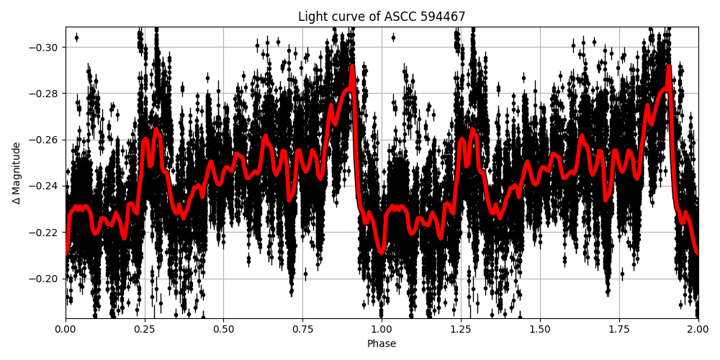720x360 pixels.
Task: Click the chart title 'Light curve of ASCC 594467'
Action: coord(382,17)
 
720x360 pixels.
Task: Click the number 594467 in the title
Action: coord(444,17)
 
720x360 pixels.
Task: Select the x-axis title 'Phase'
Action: coord(382,344)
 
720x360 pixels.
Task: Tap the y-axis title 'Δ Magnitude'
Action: coord(17,173)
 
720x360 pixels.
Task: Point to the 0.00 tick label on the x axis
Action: coord(66,330)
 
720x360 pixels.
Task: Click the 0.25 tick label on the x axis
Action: coord(145,330)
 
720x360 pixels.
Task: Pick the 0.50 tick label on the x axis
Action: coord(223,330)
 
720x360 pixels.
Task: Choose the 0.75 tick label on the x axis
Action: coord(302,330)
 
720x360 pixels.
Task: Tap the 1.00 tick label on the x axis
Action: coord(382,330)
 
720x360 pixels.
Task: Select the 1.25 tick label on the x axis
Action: coord(461,330)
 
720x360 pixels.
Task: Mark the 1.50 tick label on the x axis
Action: coord(540,330)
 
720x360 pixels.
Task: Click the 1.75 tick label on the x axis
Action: coord(619,330)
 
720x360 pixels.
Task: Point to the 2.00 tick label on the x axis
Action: coord(698,330)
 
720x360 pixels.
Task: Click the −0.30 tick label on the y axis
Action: coord(45,47)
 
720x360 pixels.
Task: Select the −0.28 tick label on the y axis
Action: coord(45,94)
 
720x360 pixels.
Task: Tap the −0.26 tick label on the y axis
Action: coord(45,140)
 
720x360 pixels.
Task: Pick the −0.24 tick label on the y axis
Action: coord(45,186)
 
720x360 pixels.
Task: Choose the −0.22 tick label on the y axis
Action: coord(45,232)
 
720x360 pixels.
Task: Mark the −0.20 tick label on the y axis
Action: coord(45,279)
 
